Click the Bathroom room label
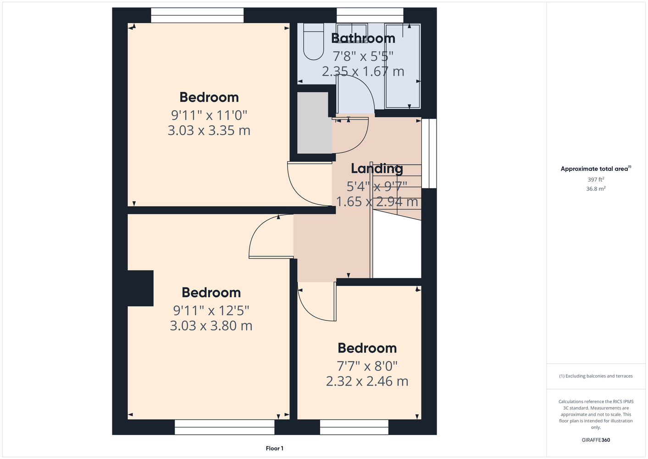point(363,38)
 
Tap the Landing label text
point(377,168)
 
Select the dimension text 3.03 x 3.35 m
point(209,130)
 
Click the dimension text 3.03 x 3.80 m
point(211,325)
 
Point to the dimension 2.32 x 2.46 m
point(367,381)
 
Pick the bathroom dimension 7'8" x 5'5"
point(363,56)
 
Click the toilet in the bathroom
point(313,42)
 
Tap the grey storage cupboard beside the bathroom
point(315,123)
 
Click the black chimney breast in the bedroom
point(140,288)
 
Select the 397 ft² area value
point(596,179)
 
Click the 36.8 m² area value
point(596,189)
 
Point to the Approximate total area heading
point(596,168)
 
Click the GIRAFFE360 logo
point(596,440)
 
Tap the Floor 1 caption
point(275,448)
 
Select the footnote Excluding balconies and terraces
point(596,376)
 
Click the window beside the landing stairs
point(429,153)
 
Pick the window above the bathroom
point(370,15)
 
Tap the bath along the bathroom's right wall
point(402,66)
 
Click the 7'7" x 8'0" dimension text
point(367,366)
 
